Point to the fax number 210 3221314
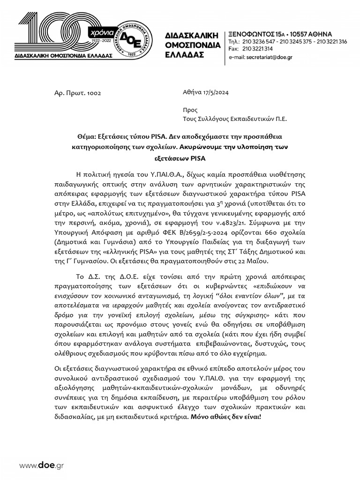coord(257,49)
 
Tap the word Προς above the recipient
coord(190,110)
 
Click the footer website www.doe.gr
coord(41,465)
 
